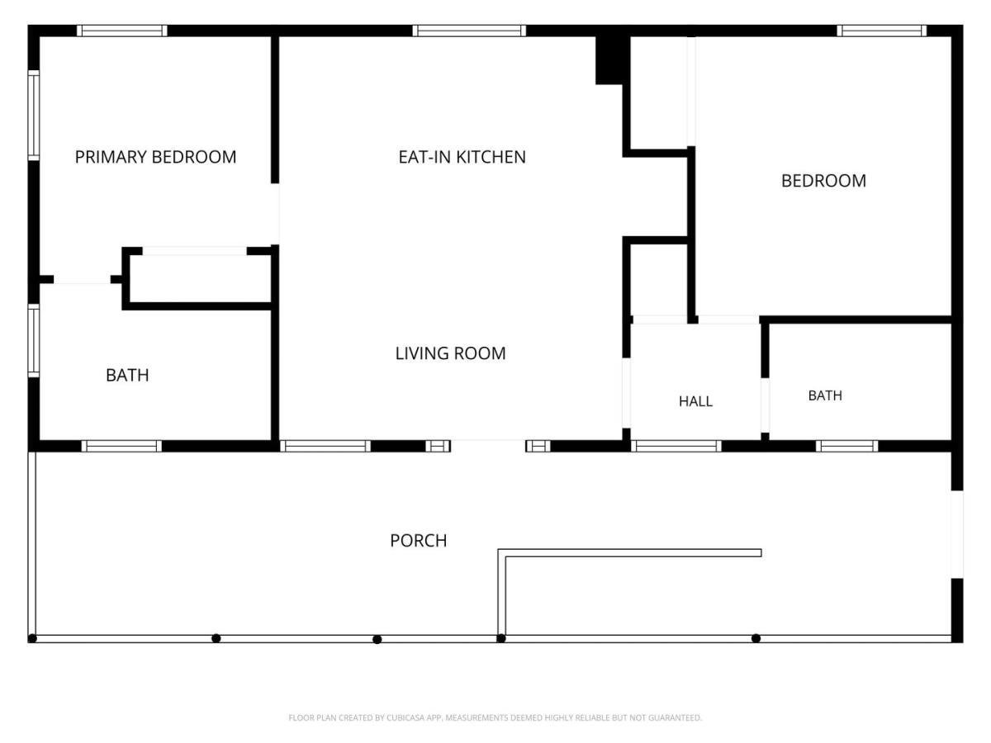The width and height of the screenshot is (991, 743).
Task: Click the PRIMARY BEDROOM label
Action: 155,157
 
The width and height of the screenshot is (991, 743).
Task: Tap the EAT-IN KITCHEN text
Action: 462,157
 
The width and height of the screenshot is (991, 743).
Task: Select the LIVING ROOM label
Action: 450,353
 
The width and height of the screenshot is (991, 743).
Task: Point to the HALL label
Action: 695,401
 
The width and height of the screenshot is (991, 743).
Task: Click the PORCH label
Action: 418,541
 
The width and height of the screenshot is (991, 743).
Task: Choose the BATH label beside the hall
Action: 825,395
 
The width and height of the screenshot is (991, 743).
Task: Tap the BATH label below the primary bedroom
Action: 127,375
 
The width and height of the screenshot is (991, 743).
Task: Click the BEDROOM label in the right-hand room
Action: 823,181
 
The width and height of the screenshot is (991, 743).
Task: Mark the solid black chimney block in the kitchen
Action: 612,59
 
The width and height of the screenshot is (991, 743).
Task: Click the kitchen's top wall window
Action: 468,31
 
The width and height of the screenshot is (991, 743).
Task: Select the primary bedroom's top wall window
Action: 122,31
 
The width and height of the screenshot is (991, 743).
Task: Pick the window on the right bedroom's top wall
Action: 882,31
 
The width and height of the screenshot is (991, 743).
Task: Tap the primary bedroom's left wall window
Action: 33,115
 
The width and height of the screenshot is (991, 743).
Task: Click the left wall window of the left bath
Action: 33,340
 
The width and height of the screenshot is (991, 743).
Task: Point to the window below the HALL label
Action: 676,446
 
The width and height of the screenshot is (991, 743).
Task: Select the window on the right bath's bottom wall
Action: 846,446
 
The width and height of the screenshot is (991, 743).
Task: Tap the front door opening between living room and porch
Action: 488,446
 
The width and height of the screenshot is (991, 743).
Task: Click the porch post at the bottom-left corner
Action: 32,638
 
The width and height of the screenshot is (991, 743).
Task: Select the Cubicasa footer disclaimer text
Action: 495,717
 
